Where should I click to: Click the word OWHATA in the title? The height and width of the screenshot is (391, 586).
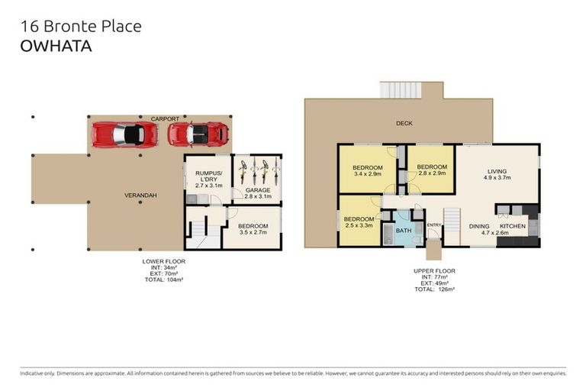(x=56, y=46)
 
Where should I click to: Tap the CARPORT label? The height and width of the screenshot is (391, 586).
(x=165, y=119)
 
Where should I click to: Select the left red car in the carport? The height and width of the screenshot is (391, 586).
(x=124, y=134)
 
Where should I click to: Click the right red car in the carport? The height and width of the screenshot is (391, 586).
(x=198, y=134)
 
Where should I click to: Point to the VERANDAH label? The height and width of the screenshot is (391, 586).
(x=140, y=195)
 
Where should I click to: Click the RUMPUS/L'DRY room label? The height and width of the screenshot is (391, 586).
(x=209, y=179)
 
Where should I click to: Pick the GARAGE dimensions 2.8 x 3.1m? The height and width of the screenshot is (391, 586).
(x=258, y=196)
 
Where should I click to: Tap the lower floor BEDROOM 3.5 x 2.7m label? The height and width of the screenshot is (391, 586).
(x=253, y=229)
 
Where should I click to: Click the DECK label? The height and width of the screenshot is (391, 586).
(x=404, y=123)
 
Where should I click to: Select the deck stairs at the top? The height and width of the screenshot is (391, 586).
(x=401, y=90)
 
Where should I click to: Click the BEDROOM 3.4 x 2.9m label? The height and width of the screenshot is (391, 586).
(x=367, y=170)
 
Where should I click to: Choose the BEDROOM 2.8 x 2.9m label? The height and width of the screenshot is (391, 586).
(x=432, y=170)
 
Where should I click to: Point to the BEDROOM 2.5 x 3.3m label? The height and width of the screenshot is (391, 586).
(x=359, y=222)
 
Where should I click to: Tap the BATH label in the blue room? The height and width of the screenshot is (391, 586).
(x=404, y=231)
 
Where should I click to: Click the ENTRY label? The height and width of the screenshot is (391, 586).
(x=434, y=225)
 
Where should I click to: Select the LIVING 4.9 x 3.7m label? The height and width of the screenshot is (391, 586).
(x=497, y=174)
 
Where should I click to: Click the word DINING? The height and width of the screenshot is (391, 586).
(x=479, y=226)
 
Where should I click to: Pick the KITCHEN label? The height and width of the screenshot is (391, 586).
(x=513, y=226)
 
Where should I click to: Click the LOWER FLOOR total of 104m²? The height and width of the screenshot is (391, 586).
(x=164, y=280)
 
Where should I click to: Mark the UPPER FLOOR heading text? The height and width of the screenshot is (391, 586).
(x=434, y=271)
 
